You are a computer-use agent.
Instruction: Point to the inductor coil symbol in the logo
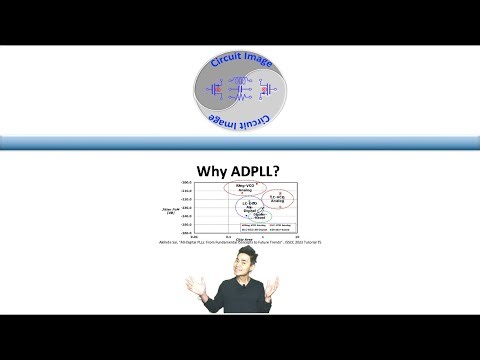(x=240, y=82)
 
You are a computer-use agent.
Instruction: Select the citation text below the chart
(x=239, y=242)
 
